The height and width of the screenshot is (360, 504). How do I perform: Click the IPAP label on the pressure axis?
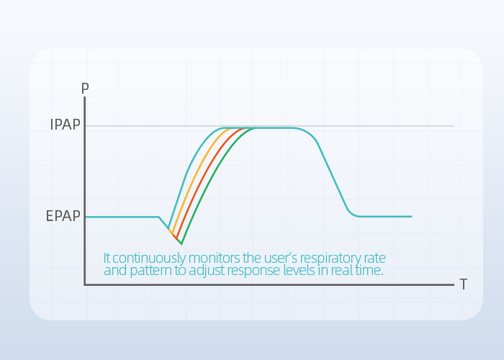(x=65, y=125)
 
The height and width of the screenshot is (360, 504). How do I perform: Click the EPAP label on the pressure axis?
(x=63, y=216)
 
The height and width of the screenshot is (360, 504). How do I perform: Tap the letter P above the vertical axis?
(x=85, y=88)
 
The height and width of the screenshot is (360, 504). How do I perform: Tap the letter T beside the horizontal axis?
(x=463, y=284)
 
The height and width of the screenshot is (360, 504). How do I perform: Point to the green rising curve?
(x=212, y=180)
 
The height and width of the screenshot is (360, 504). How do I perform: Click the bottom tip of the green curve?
(x=181, y=245)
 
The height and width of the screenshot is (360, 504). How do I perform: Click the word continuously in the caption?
(x=149, y=258)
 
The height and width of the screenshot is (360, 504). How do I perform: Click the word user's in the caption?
(x=281, y=258)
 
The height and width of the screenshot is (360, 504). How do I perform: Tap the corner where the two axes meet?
(x=85, y=284)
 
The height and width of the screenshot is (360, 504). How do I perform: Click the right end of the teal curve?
(x=412, y=217)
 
